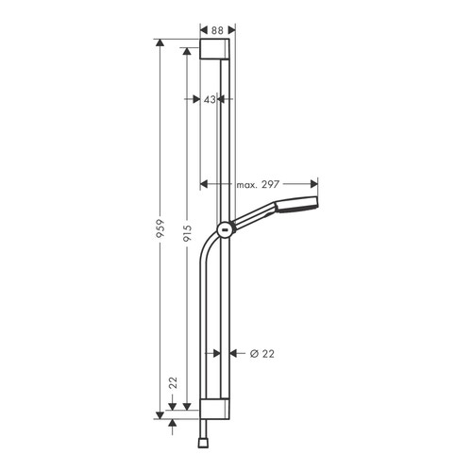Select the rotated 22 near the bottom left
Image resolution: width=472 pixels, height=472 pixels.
174,382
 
